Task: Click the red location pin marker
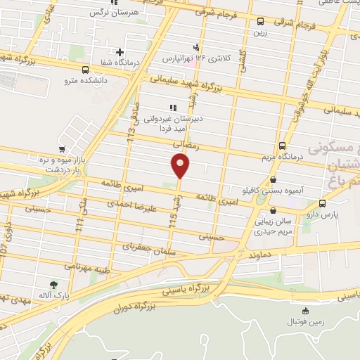tap(181, 165)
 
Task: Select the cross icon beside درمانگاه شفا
tap(120, 52)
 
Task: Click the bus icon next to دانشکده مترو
tap(86, 70)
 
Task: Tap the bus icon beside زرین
tap(261, 22)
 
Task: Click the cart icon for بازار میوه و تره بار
tap(62, 149)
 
